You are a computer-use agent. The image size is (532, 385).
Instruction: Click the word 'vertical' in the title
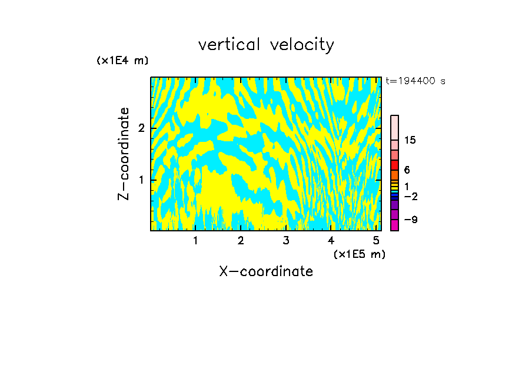pos(226,45)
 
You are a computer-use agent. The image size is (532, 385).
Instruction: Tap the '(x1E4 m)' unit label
pos(122,61)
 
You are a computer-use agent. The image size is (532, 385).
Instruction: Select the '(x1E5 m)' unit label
pos(359,254)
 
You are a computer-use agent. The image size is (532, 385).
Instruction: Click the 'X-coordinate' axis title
pos(266,271)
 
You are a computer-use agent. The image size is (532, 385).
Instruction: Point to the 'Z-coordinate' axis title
pos(124,154)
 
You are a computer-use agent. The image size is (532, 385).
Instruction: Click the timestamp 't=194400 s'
pos(415,81)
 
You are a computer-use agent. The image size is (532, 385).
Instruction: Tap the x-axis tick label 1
pos(195,241)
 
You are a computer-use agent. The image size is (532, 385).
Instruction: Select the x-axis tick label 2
pos(241,241)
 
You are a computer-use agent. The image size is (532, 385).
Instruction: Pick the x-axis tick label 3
pos(286,241)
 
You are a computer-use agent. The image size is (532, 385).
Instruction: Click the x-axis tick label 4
pos(331,241)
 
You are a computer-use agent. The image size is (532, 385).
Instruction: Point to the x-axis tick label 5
pos(376,241)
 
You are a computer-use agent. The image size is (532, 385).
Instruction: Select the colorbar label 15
pos(411,140)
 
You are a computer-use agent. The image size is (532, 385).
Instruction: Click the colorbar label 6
pos(407,170)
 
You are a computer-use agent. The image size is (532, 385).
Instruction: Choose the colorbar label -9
pos(411,220)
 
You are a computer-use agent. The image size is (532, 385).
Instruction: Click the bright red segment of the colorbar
pos(394,165)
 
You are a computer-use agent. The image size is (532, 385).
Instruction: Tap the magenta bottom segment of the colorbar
pos(394,225)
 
